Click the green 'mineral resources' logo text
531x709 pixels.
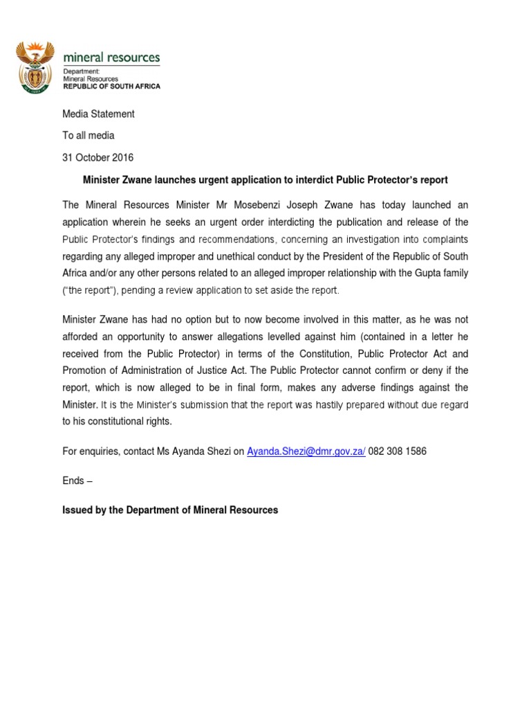pos(111,57)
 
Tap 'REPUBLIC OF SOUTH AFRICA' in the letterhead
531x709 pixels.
pos(111,87)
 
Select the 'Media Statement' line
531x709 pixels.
pos(98,114)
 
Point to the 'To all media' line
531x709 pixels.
pos(88,136)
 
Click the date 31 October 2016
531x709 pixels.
pos(98,157)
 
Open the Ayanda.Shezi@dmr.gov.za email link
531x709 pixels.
pos(306,451)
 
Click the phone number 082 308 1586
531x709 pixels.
pos(398,451)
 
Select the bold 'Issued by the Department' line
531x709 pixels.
pos(170,510)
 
